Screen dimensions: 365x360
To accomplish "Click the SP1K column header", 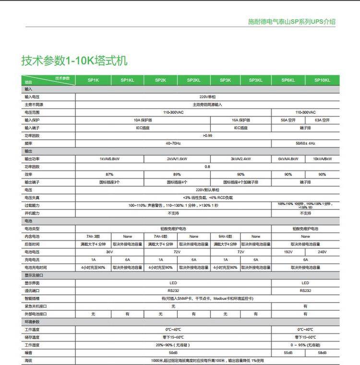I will coord(93,80).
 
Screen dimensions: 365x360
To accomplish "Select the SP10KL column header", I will coord(322,80).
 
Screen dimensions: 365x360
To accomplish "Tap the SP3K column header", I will coord(225,80).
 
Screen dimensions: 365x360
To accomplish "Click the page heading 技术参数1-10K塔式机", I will coord(74,61).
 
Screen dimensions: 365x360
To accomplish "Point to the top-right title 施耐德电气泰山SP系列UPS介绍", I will coord(291,22).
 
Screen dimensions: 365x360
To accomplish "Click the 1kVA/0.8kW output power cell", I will coord(110,158).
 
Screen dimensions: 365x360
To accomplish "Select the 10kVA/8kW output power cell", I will coord(322,158).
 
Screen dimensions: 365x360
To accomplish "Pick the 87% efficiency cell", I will coord(110,174).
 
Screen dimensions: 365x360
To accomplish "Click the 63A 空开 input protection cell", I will coord(322,120).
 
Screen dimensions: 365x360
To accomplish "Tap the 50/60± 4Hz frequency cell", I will coord(305,143).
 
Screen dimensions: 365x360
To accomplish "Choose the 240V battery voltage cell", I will coord(322,252).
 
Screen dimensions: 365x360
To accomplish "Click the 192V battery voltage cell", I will coord(288,252).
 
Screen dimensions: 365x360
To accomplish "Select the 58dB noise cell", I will coord(322,353).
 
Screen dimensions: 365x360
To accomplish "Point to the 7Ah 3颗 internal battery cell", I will coord(93,236).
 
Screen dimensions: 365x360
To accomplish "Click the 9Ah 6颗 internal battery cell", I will coord(225,236).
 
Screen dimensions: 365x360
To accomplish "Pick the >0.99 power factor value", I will coord(207,135).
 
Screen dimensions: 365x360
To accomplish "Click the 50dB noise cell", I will coord(173,353).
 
